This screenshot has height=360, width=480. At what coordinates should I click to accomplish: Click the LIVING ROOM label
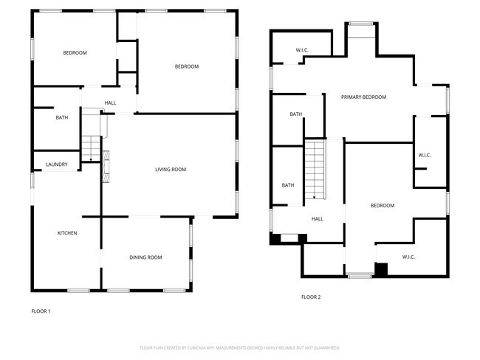click(170, 170)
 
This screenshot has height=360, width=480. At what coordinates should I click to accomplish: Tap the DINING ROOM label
click(145, 257)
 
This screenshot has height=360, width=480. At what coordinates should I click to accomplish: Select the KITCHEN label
click(67, 233)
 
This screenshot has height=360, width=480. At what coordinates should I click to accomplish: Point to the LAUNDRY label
click(57, 165)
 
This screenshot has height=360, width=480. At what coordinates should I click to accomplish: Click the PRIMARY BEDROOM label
click(363, 97)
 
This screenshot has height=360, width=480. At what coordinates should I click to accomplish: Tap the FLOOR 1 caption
click(41, 311)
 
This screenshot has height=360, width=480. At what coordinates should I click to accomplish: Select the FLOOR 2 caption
click(311, 297)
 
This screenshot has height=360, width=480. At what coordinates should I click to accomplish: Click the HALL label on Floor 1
click(110, 103)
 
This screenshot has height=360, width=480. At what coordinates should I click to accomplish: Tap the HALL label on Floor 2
click(318, 218)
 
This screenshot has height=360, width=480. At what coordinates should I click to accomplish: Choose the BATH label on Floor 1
click(62, 118)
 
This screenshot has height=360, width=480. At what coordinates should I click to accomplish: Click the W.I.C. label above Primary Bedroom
click(302, 50)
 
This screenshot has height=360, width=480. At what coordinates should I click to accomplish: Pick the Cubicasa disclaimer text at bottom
click(240, 347)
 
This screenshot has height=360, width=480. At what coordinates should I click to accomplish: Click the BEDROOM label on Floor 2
click(382, 206)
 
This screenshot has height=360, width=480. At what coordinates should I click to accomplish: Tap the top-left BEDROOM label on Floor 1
click(75, 52)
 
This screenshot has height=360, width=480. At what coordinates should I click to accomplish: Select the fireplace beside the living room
click(106, 165)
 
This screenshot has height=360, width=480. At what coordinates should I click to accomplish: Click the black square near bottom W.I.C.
click(381, 269)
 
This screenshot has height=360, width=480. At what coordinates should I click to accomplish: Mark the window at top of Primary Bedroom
click(361, 24)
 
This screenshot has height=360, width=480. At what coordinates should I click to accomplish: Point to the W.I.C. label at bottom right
click(409, 257)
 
